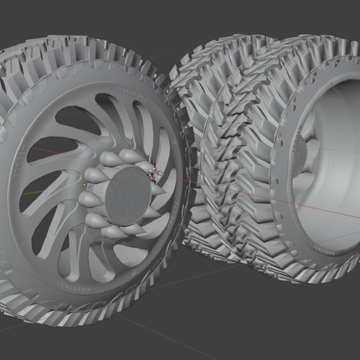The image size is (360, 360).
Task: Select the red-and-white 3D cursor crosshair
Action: [x=156, y=174]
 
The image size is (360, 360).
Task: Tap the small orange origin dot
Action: [x=84, y=185]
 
